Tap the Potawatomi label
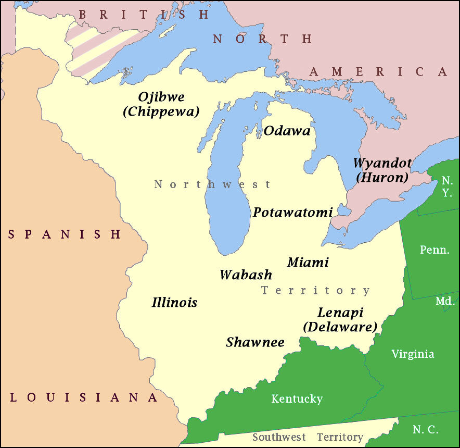pos(292,213)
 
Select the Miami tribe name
pos(308,262)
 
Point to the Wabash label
pos(246,275)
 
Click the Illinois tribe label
pos(174,302)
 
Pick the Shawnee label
pos(255,342)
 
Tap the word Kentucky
pos(297,399)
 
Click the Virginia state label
pos(413,354)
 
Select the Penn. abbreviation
pos(435,250)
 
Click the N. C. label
pos(426,430)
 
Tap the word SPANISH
pos(65,234)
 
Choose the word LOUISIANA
pos(84,398)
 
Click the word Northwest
pos(212,184)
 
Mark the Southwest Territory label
pos(308,437)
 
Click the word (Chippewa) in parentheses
pos(161,111)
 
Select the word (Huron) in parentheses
pos(381,177)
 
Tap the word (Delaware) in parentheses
pos(340,327)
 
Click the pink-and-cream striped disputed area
pos(99,49)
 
